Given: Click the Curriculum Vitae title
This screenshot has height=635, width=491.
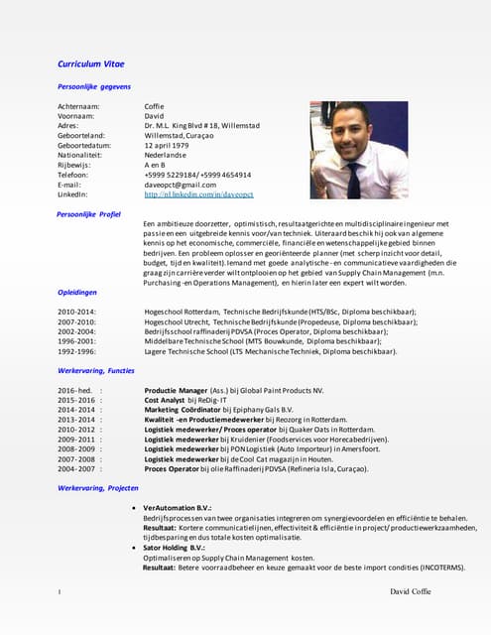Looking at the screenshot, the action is point(96,64).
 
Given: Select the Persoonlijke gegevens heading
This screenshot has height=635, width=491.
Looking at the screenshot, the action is point(94,87).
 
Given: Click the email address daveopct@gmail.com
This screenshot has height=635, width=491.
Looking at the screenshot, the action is point(180,184).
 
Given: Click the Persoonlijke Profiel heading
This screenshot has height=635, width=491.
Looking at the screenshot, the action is point(89,213).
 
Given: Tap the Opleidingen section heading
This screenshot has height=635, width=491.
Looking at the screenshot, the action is point(77,292).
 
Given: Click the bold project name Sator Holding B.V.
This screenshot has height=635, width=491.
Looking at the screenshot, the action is point(174,547).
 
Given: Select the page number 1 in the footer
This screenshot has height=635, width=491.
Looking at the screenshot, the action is point(60,592).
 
